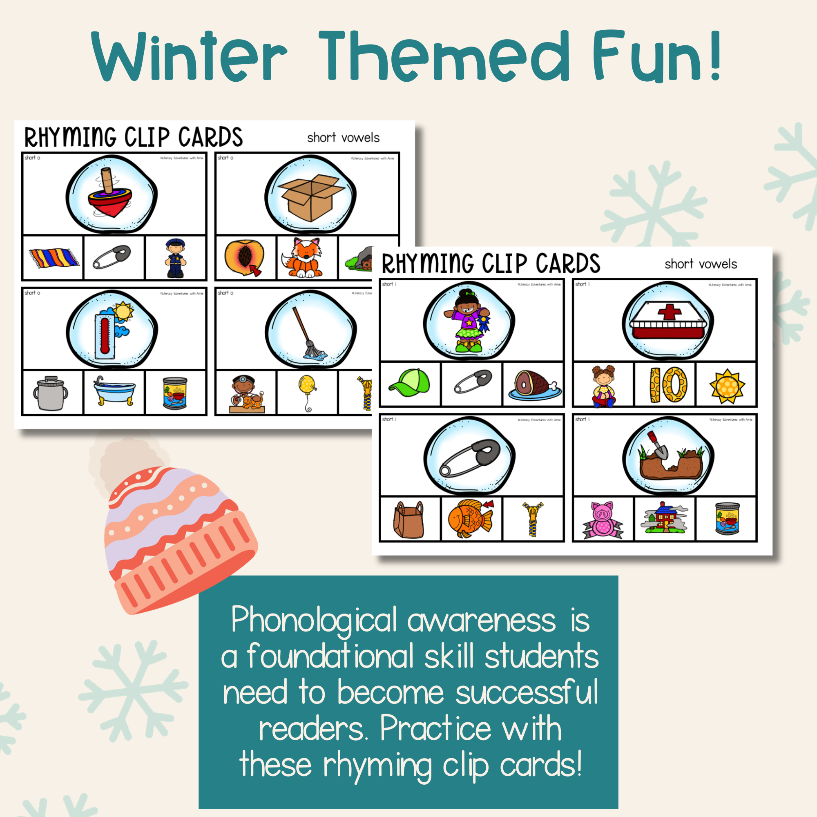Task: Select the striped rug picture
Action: (53, 258)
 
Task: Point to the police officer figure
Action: (175, 258)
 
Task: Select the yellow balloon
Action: (307, 387)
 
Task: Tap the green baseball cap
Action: (409, 383)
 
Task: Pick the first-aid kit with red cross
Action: (668, 324)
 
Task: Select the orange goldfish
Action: (470, 518)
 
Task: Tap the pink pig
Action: (603, 519)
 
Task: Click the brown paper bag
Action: (408, 520)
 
